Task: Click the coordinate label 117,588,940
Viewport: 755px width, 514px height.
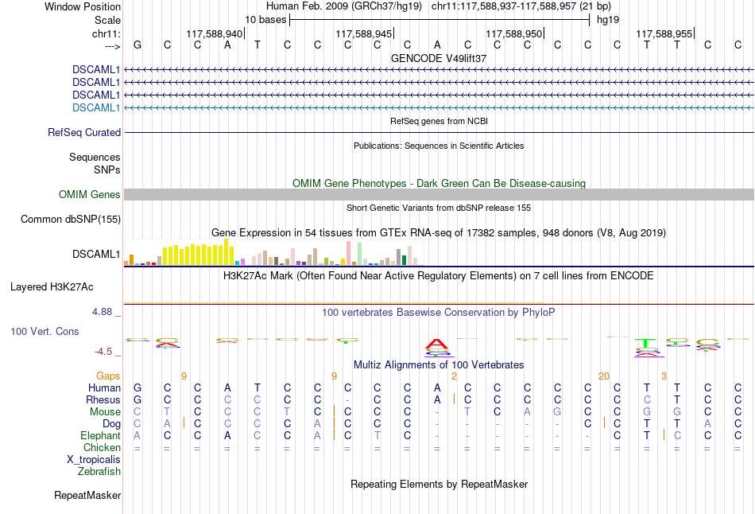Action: pyautogui.click(x=214, y=33)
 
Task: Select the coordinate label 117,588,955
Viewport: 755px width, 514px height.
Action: pyautogui.click(x=664, y=33)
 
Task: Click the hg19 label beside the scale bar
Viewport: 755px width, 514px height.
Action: pyautogui.click(x=608, y=19)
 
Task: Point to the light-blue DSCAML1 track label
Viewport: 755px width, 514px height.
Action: pyautogui.click(x=96, y=107)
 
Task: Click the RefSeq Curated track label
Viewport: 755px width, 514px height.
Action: pyautogui.click(x=84, y=132)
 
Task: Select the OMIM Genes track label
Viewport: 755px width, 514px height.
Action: pyautogui.click(x=90, y=194)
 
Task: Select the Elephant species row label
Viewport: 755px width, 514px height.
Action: pyautogui.click(x=100, y=435)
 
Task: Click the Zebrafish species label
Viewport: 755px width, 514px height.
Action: pyautogui.click(x=99, y=471)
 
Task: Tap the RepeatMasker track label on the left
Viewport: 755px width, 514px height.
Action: pyautogui.click(x=87, y=495)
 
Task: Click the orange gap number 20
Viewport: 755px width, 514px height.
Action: pyautogui.click(x=604, y=376)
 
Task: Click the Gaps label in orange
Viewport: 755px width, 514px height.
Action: pyautogui.click(x=108, y=376)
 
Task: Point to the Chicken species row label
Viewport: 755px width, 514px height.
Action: pyautogui.click(x=102, y=447)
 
